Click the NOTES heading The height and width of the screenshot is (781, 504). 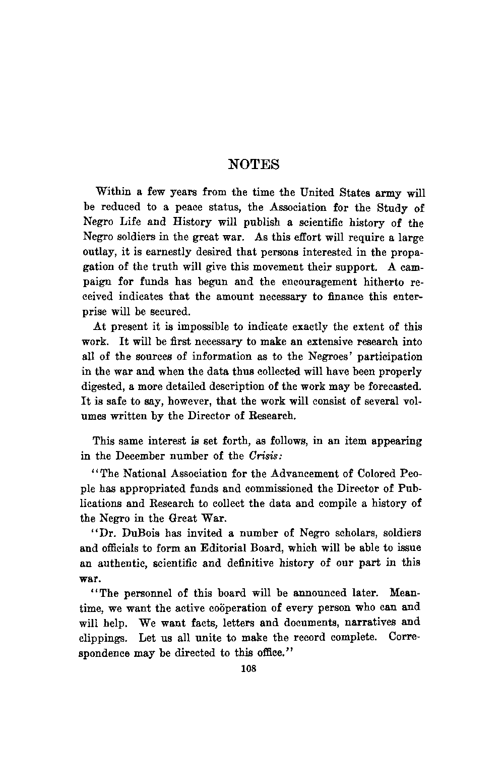(254, 164)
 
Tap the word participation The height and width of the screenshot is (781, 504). (390, 357)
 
